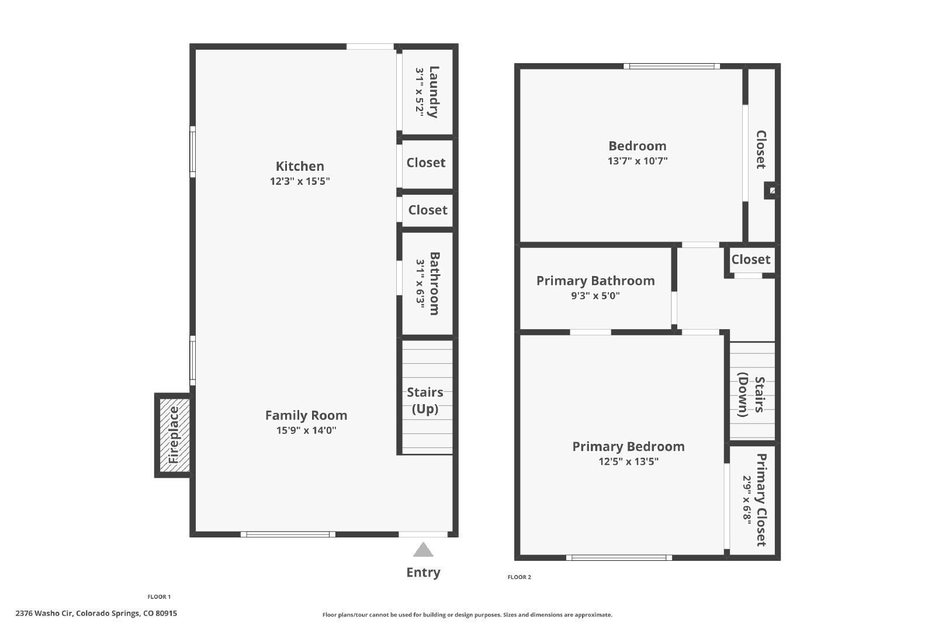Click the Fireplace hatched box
tap(174, 435)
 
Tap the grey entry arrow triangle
tap(423, 550)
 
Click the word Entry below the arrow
tap(423, 573)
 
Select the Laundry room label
tap(433, 92)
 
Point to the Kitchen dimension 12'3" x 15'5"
tap(300, 181)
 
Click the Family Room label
tap(306, 415)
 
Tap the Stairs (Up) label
tap(425, 400)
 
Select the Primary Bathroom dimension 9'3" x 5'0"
tap(595, 296)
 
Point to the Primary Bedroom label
tap(628, 446)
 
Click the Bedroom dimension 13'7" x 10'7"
tap(638, 161)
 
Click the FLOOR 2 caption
tap(519, 577)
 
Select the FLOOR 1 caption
tap(159, 597)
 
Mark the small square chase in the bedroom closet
tap(772, 191)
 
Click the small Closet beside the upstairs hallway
tap(750, 259)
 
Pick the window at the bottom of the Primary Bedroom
tap(619, 557)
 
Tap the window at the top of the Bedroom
tap(671, 66)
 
